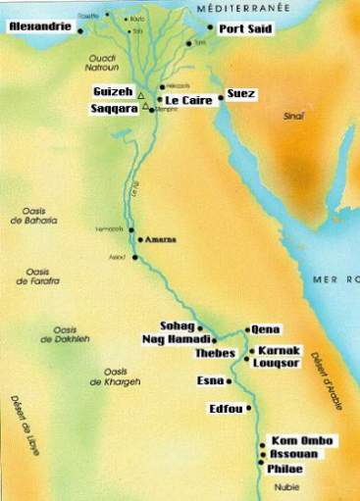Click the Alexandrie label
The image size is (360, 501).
click(40, 28)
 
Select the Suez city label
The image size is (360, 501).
click(240, 93)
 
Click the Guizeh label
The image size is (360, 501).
click(111, 91)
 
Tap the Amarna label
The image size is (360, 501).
click(156, 238)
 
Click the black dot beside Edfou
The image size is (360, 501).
click(249, 408)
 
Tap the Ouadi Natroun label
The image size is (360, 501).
click(99, 66)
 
